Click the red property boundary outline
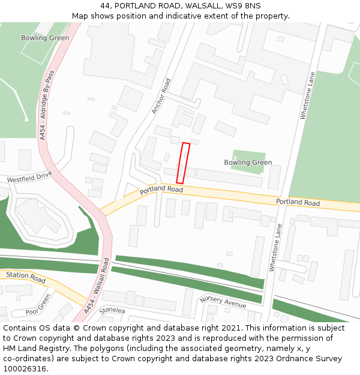click(183, 163)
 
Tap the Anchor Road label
click(161, 96)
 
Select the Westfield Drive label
click(30, 178)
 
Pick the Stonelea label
click(112, 310)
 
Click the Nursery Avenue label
click(223, 302)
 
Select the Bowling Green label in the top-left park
click(45, 38)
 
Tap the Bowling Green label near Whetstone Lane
click(248, 163)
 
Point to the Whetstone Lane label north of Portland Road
click(307, 96)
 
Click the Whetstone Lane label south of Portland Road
click(275, 248)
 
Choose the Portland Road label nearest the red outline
click(161, 190)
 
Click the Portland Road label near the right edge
click(298, 202)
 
